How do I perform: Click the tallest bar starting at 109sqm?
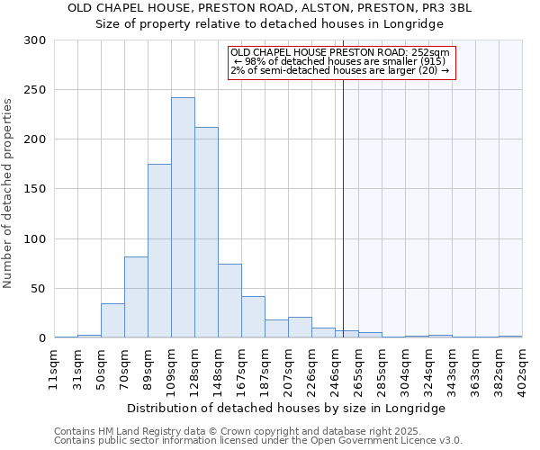pyautogui.click(x=183, y=218)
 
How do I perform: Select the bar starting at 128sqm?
pyautogui.click(x=206, y=232)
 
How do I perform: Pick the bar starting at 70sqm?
pyautogui.click(x=136, y=297)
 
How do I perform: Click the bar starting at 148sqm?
pyautogui.click(x=229, y=301)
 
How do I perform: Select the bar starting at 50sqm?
pyautogui.click(x=112, y=320)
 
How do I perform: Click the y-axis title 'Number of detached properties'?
pyautogui.click(x=8, y=190)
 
